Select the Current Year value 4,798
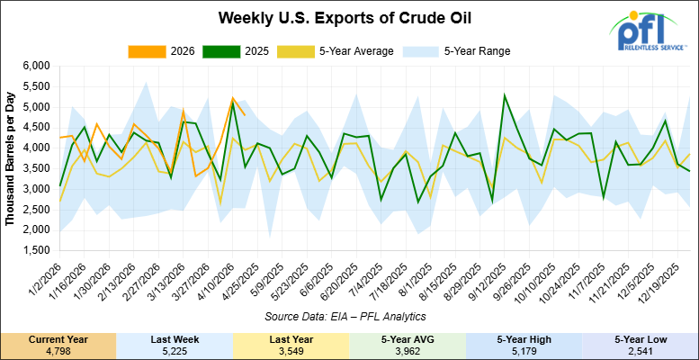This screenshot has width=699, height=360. pyautogui.click(x=58, y=350)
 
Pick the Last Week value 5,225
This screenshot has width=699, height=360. pyautogui.click(x=175, y=350)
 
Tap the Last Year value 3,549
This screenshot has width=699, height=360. pyautogui.click(x=291, y=350)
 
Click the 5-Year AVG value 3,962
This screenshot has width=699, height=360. pyautogui.click(x=408, y=350)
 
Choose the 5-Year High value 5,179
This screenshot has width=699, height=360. pyautogui.click(x=524, y=350)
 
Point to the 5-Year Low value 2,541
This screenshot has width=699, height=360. pyautogui.click(x=641, y=350)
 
